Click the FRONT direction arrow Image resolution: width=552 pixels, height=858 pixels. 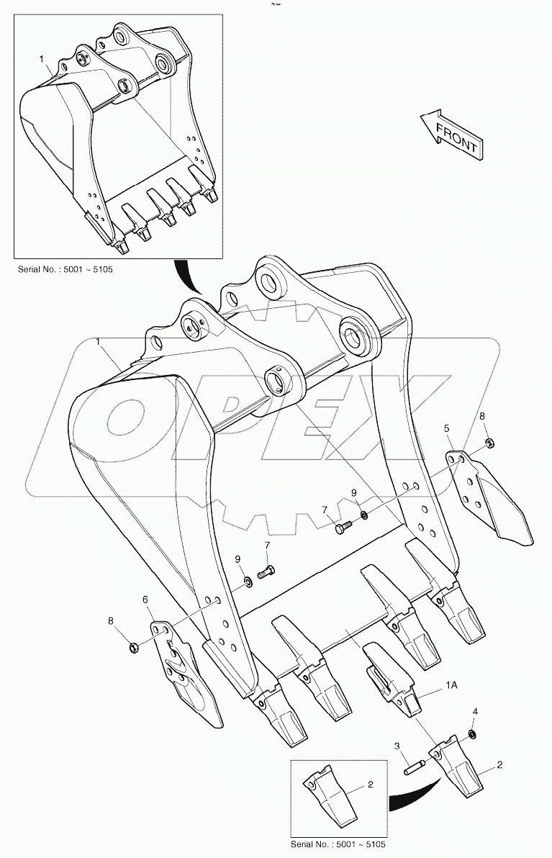tap(450, 134)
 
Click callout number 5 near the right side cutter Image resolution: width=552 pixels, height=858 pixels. tap(447, 429)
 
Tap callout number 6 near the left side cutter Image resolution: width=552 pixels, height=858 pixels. tap(145, 600)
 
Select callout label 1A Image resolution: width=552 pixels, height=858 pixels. tap(451, 686)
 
